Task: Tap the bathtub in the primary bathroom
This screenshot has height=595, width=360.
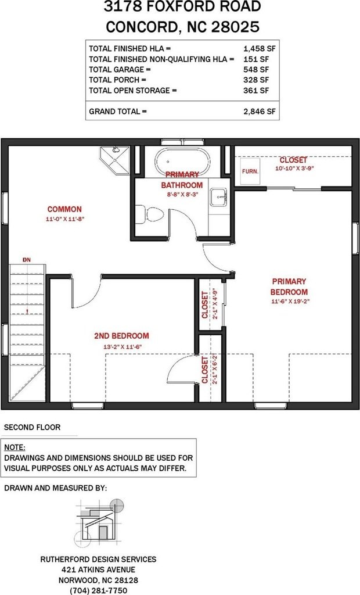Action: [183, 162]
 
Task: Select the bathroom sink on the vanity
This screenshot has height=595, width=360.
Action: [219, 198]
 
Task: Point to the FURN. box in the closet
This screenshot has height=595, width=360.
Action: [250, 171]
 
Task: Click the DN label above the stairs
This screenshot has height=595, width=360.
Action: [27, 260]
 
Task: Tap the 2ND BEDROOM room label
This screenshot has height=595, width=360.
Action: [121, 336]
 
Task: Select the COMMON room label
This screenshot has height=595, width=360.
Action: [64, 209]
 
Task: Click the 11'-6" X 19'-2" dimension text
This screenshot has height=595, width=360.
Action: [289, 302]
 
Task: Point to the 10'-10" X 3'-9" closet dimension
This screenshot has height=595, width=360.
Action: [294, 168]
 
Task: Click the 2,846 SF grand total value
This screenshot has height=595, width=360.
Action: [259, 112]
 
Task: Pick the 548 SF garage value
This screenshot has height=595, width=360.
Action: [255, 70]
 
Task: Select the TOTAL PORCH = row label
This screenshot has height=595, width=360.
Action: [117, 80]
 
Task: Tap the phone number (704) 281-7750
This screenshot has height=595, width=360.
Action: [98, 590]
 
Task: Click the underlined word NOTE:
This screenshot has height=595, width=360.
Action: [15, 447]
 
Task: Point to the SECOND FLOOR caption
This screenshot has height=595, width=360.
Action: [33, 427]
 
